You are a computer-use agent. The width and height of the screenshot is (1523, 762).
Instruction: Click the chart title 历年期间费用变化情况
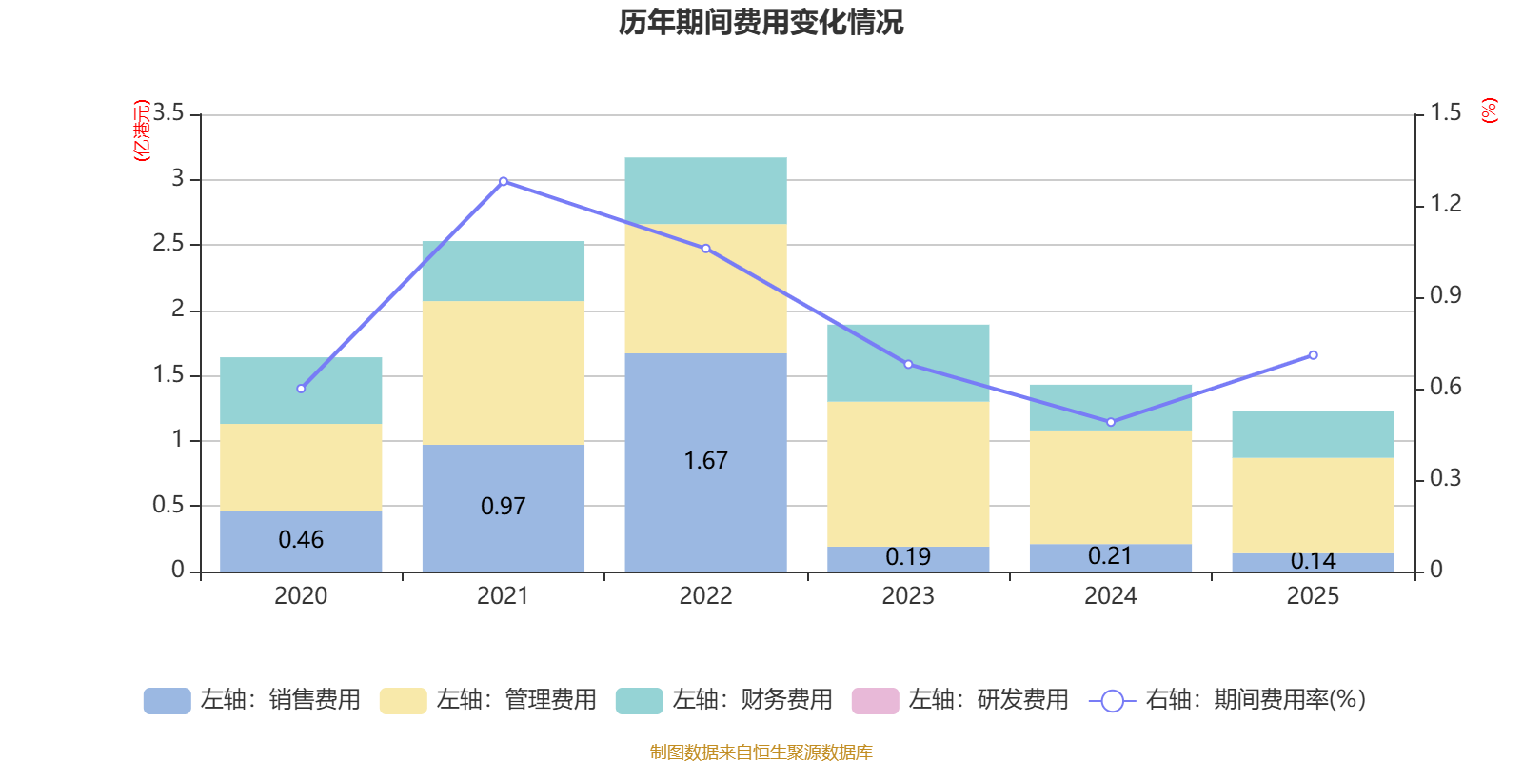(x=761, y=22)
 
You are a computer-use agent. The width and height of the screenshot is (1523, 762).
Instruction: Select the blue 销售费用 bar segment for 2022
(x=705, y=419)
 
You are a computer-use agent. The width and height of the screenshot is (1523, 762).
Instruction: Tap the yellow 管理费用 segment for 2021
(x=503, y=372)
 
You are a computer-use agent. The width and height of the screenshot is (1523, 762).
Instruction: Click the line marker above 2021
(x=504, y=181)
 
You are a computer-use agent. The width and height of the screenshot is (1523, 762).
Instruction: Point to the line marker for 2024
(x=1111, y=422)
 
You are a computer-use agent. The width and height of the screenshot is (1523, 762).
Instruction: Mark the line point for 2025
(x=1314, y=355)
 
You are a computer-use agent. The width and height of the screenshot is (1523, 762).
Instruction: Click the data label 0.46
(x=301, y=540)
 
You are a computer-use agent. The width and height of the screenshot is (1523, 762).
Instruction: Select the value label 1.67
(x=705, y=461)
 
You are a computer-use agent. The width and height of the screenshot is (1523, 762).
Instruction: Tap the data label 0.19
(x=908, y=556)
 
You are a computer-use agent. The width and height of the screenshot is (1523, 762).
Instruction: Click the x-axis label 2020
(x=301, y=596)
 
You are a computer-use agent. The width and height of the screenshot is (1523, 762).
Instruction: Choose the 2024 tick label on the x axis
(x=1111, y=596)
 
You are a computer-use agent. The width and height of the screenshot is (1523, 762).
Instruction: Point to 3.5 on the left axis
(x=168, y=113)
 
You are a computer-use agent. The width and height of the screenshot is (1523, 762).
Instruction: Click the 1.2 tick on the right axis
(x=1445, y=204)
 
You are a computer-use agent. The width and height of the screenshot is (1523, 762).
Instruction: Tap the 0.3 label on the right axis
(x=1445, y=478)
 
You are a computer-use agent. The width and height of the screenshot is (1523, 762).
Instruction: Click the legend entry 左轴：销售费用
(x=252, y=700)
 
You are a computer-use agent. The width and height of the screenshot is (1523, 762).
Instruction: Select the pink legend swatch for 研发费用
(x=875, y=700)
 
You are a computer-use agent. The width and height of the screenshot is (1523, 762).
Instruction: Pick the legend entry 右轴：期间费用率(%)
(x=1228, y=700)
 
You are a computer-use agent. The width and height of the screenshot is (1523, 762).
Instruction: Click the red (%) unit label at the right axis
(x=1490, y=110)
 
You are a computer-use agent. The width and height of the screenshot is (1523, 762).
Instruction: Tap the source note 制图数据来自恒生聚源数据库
(x=761, y=752)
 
